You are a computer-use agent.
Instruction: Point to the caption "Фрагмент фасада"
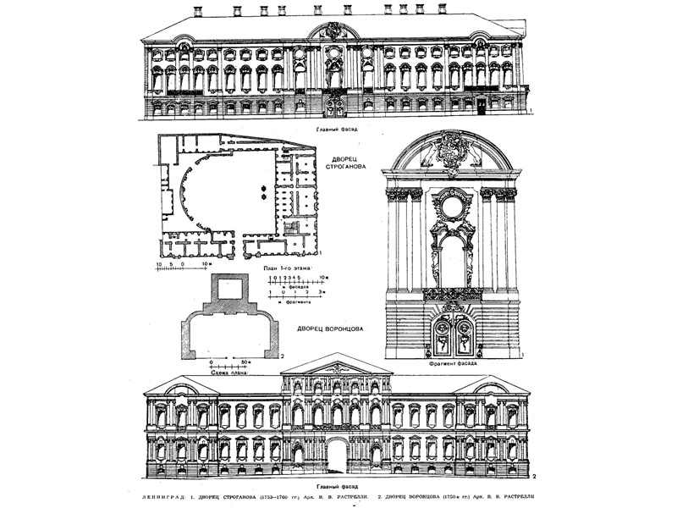[x=454, y=363]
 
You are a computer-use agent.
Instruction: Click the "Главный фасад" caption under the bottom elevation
[x=338, y=486]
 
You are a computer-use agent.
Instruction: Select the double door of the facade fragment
[x=453, y=336]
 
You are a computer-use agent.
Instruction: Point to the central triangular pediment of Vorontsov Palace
[x=337, y=364]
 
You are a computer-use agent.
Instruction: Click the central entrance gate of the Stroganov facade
[x=335, y=107]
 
